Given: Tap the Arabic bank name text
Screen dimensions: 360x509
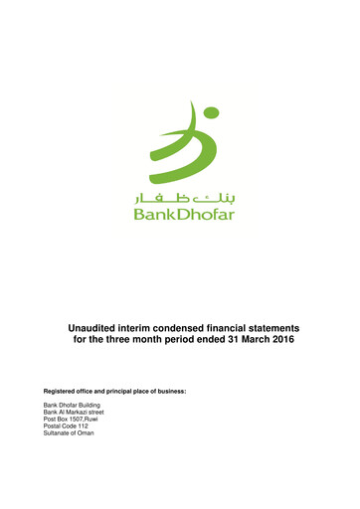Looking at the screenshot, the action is click(x=182, y=199).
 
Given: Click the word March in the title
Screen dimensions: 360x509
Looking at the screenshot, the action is click(x=233, y=341).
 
